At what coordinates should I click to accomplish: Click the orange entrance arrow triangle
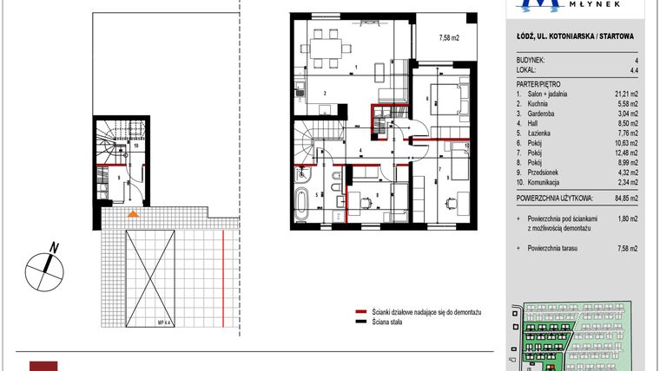(x=132, y=212)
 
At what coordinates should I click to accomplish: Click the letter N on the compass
(x=54, y=248)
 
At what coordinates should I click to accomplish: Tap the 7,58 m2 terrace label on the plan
(x=450, y=37)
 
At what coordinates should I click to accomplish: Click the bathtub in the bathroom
(x=301, y=206)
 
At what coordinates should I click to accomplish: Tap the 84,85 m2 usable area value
(x=624, y=197)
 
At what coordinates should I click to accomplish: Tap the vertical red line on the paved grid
(x=223, y=278)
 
